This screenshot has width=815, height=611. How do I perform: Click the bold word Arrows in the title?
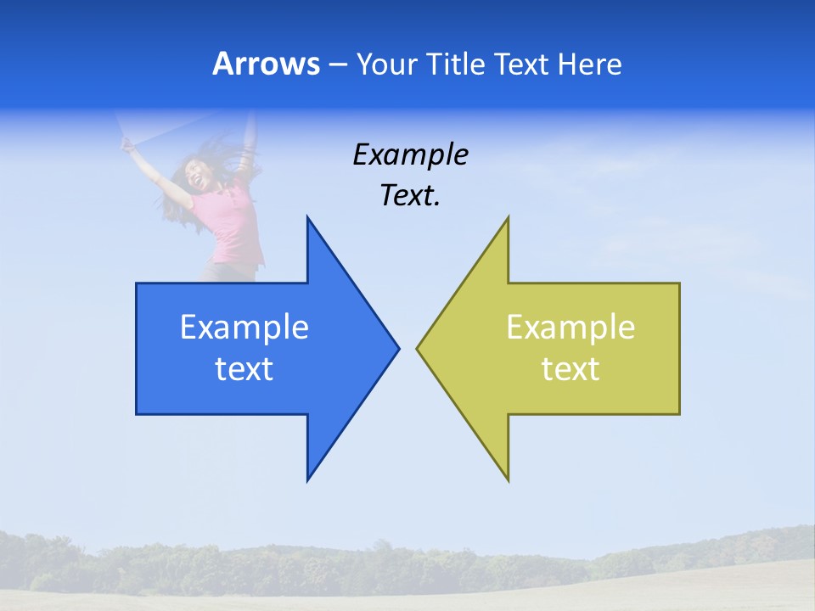point(266,64)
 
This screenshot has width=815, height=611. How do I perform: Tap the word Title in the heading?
point(455,64)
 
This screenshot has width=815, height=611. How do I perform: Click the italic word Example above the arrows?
point(410,155)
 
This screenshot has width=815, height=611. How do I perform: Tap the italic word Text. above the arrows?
point(410,196)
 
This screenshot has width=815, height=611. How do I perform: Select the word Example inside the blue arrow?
point(244,328)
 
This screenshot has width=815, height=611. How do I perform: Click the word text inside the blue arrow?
point(244,369)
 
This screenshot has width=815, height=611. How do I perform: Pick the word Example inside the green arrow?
point(570,328)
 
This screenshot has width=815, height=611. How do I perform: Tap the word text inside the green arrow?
point(570,369)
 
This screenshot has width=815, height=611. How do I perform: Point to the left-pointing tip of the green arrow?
point(419,348)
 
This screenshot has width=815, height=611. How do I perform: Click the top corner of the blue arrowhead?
point(308,219)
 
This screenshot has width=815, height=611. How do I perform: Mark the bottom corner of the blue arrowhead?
point(308,479)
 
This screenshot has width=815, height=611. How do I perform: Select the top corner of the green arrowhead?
point(507,219)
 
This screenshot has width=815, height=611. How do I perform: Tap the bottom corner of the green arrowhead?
point(507,479)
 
